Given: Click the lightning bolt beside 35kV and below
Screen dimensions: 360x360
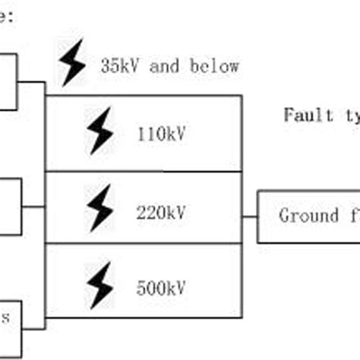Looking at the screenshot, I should pos(74,63).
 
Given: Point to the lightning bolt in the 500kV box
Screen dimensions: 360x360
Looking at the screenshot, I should pos(99,288).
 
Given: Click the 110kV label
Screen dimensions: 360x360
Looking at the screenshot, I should pos(162,135).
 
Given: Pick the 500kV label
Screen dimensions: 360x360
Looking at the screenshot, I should pos(162,289).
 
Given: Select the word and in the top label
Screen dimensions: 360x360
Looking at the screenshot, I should pos(165,66).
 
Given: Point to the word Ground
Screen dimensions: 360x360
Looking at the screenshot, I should pos(308,216).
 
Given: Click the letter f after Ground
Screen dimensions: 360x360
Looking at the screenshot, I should pos(352,216).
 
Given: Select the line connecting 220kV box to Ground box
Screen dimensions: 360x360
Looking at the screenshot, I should pos(249,216).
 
